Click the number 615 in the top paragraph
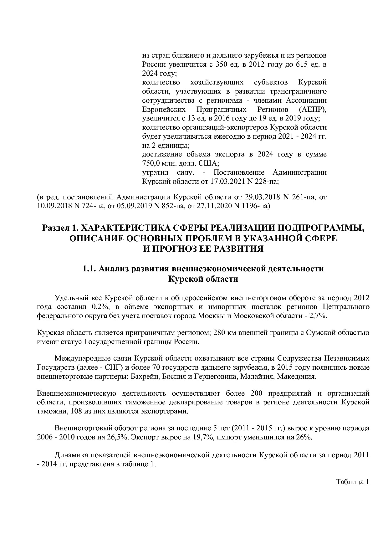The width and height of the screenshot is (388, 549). coord(292,65)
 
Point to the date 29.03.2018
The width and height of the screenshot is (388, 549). coord(261,198)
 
